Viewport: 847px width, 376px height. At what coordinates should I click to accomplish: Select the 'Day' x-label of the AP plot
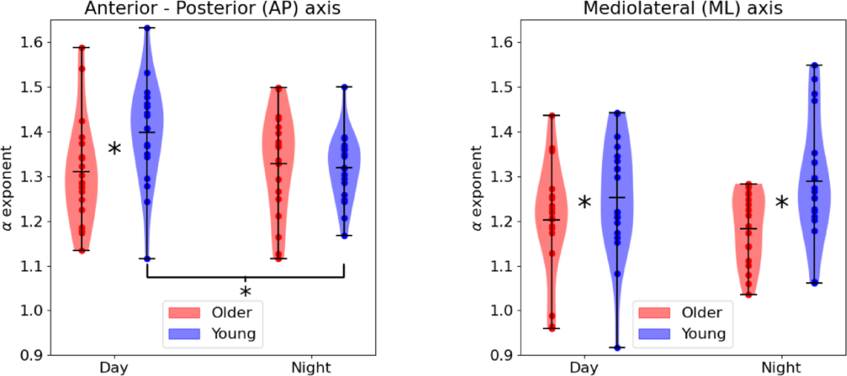pos(114,368)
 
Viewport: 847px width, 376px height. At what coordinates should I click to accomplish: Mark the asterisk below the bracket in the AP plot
pos(245,292)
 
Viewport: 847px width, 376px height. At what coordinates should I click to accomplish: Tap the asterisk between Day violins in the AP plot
pos(115,149)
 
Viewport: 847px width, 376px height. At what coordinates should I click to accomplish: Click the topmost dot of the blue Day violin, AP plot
pos(147,28)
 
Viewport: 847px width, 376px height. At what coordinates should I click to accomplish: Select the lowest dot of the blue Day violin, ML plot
pos(617,348)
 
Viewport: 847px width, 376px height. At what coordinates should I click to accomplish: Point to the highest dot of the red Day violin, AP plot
pos(82,48)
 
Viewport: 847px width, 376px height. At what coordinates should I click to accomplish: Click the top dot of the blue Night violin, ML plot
pos(814,65)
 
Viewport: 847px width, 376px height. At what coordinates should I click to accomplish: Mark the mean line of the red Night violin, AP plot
pos(278,164)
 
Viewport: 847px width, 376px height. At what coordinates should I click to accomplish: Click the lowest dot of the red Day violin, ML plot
pos(552,328)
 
